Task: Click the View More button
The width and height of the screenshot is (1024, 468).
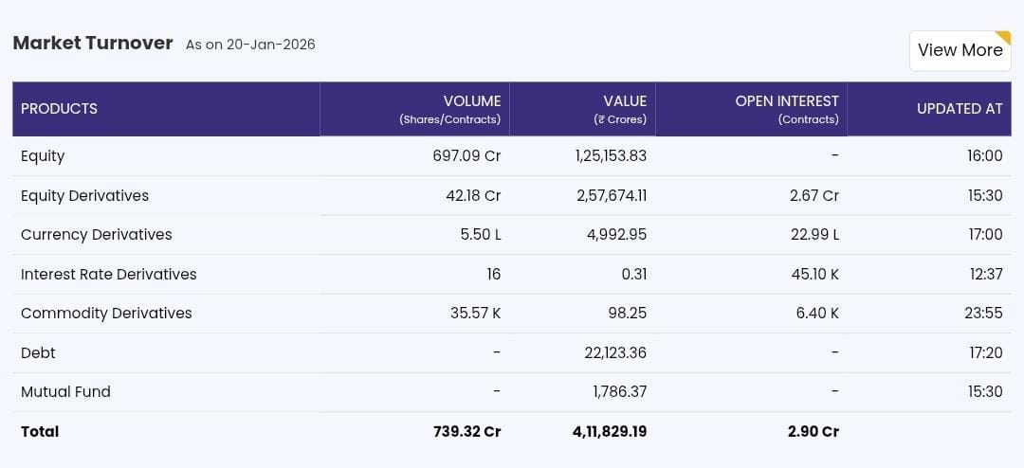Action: (x=960, y=50)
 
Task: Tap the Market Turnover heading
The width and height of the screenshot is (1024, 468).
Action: (x=93, y=43)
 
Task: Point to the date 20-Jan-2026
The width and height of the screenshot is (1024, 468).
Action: (x=270, y=45)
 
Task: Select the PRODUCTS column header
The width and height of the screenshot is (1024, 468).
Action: (x=59, y=109)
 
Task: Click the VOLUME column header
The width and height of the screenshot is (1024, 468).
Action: (x=471, y=101)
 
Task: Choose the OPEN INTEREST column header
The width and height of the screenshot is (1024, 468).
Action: (x=787, y=101)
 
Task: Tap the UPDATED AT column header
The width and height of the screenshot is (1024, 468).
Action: (x=959, y=109)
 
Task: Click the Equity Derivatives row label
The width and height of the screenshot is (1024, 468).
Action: (x=84, y=196)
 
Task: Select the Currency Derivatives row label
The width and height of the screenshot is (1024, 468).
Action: (x=97, y=235)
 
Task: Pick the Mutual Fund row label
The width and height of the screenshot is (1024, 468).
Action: (x=65, y=392)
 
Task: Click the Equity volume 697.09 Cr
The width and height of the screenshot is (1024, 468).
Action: (x=466, y=156)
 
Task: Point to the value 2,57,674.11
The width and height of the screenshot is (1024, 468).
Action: (x=611, y=196)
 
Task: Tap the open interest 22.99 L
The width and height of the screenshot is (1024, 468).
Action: (x=814, y=235)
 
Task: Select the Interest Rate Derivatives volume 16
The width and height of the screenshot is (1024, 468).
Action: (x=493, y=275)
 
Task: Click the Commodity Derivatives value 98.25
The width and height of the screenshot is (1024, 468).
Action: (x=627, y=314)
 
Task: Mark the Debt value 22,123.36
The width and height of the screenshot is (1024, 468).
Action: (x=615, y=353)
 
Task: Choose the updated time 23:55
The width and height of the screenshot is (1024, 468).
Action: (x=984, y=314)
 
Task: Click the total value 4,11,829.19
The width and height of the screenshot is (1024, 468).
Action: (x=610, y=432)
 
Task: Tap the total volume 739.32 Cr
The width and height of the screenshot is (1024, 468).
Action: (x=466, y=432)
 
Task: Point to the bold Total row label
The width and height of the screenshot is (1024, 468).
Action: (x=40, y=432)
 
